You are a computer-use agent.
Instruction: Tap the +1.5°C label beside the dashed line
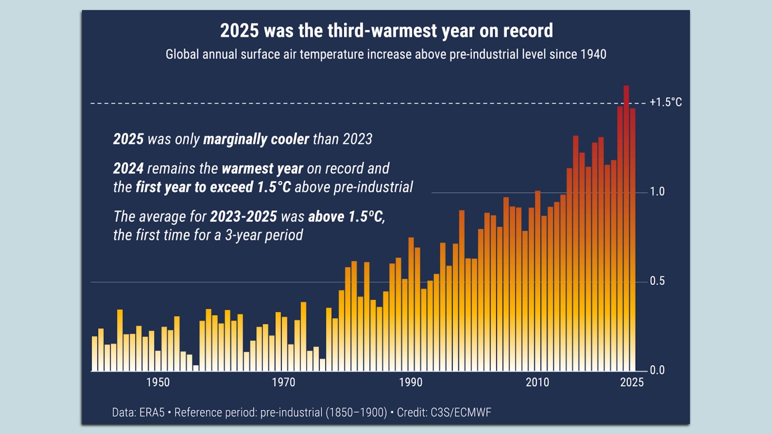pyautogui.click(x=666, y=102)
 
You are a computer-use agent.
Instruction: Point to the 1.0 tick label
pyautogui.click(x=657, y=192)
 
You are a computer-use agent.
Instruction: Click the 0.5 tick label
pyautogui.click(x=657, y=281)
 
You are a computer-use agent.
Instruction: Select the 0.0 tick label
pyautogui.click(x=657, y=370)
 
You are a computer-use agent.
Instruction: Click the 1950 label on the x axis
pyautogui.click(x=158, y=382)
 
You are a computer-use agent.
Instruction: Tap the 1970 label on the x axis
pyautogui.click(x=283, y=382)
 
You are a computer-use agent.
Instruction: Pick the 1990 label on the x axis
pyautogui.click(x=411, y=382)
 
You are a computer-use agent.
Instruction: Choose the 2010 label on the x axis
pyautogui.click(x=537, y=382)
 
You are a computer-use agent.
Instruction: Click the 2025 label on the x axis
pyautogui.click(x=632, y=382)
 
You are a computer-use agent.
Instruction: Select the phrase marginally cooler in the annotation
pyautogui.click(x=256, y=139)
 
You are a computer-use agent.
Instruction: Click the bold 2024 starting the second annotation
pyautogui.click(x=128, y=168)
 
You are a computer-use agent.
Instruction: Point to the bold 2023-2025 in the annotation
pyautogui.click(x=243, y=217)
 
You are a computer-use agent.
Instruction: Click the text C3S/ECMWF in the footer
pyautogui.click(x=461, y=413)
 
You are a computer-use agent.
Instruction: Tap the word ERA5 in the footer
pyautogui.click(x=152, y=413)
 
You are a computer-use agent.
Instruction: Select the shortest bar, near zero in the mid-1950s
pyautogui.click(x=196, y=368)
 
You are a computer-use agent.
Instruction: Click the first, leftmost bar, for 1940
pyautogui.click(x=94, y=354)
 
